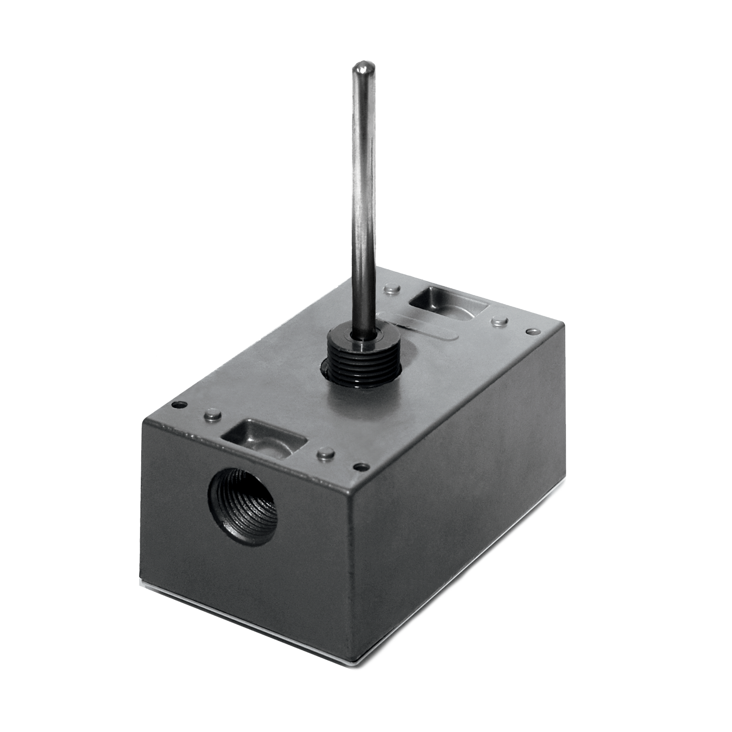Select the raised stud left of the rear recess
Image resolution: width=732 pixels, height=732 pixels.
click(389, 289)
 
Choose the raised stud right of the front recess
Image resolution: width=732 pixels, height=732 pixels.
click(326, 452)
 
